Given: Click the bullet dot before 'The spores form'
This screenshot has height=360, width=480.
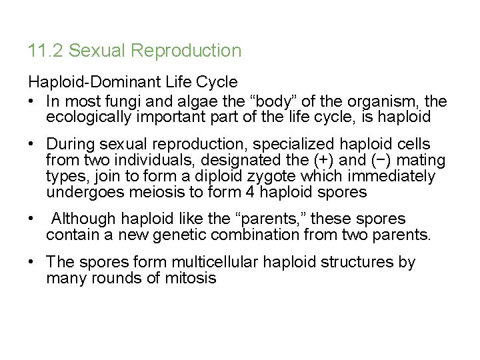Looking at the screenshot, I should coord(32,263).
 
